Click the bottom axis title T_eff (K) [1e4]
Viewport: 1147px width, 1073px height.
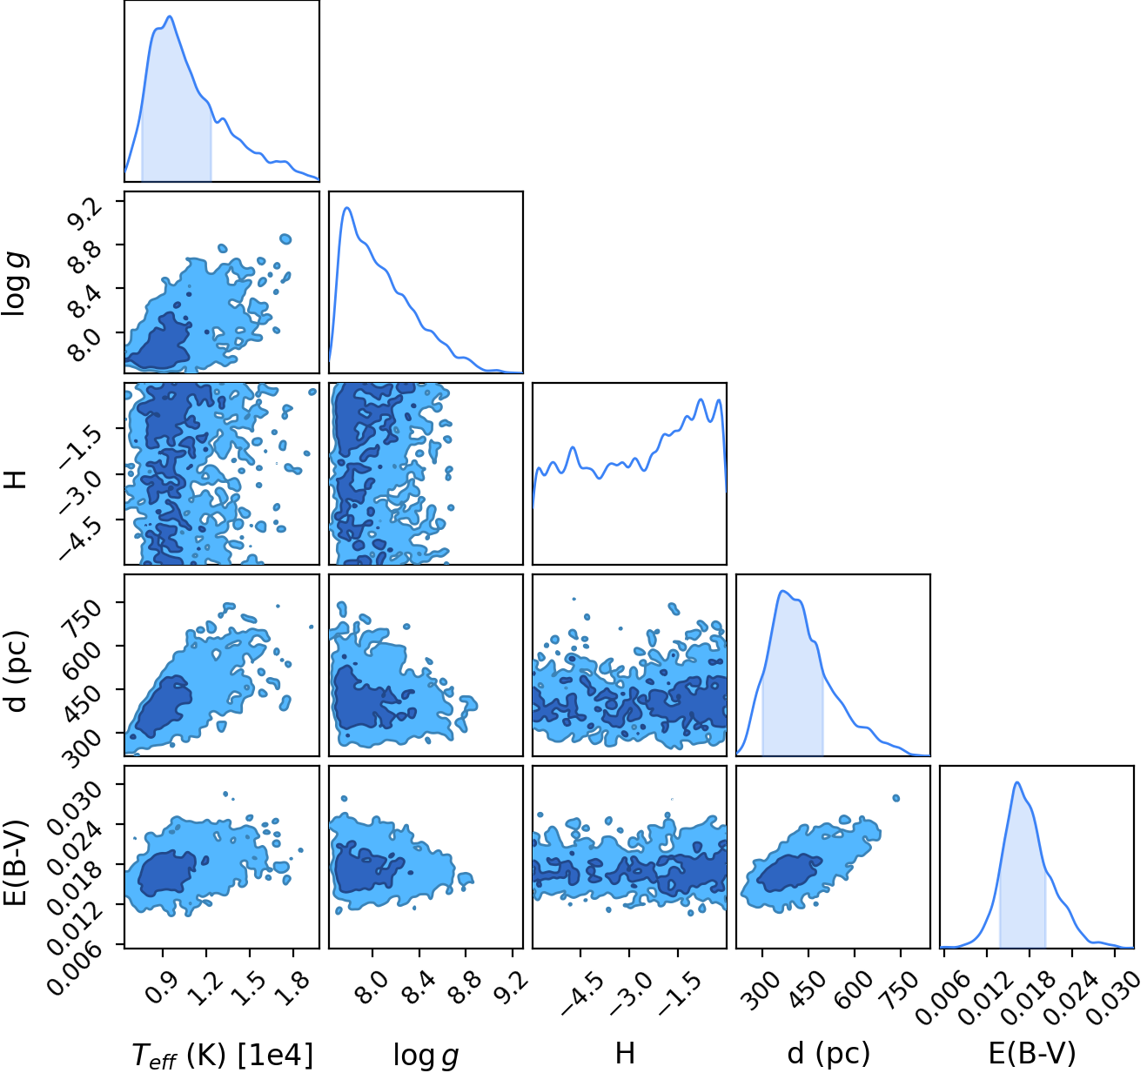coord(223,1055)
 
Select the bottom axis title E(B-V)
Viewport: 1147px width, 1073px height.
coord(1033,1053)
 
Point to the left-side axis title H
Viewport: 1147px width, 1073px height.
coord(16,479)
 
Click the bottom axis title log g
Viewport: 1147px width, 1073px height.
coord(426,1055)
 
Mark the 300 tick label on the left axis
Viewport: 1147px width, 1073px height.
coord(82,748)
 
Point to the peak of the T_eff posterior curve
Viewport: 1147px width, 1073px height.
coord(170,17)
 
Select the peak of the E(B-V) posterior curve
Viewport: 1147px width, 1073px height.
coord(1017,782)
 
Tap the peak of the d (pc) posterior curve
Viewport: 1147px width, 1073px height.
coord(782,591)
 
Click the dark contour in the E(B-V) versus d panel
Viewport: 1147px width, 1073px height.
coord(788,873)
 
